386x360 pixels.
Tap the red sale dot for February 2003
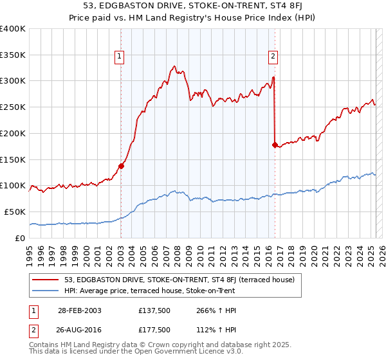121,166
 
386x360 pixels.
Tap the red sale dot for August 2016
275,145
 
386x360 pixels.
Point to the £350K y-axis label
13,55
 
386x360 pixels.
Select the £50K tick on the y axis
15,212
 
